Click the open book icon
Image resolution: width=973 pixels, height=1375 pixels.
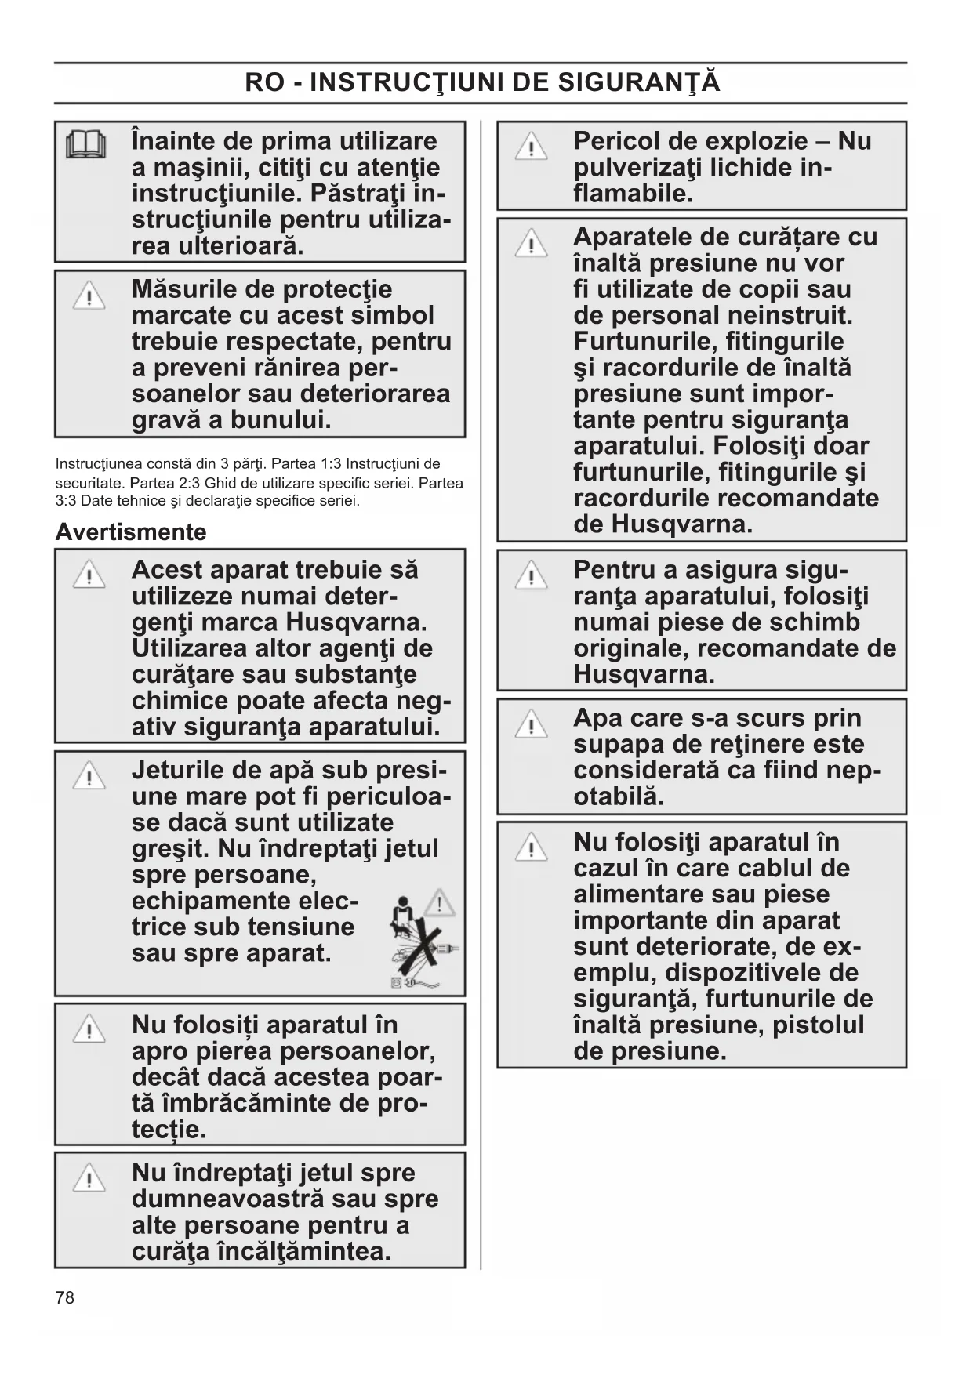pos(86,144)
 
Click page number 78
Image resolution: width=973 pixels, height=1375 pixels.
pos(65,1297)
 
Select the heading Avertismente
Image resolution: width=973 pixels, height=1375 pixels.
pos(130,532)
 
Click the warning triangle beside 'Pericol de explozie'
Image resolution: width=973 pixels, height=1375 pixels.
pos(531,147)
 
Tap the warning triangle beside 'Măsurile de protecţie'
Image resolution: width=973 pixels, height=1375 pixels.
pos(89,296)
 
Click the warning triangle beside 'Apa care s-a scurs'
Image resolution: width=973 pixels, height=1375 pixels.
pos(531,724)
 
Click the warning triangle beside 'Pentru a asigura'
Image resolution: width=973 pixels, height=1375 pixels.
pos(531,575)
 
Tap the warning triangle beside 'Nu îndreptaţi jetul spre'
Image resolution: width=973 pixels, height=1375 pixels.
pos(89,1178)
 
